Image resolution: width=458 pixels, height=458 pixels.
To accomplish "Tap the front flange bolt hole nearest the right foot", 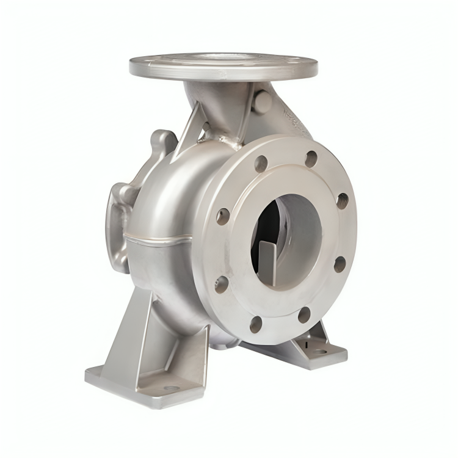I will click(304, 315).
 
